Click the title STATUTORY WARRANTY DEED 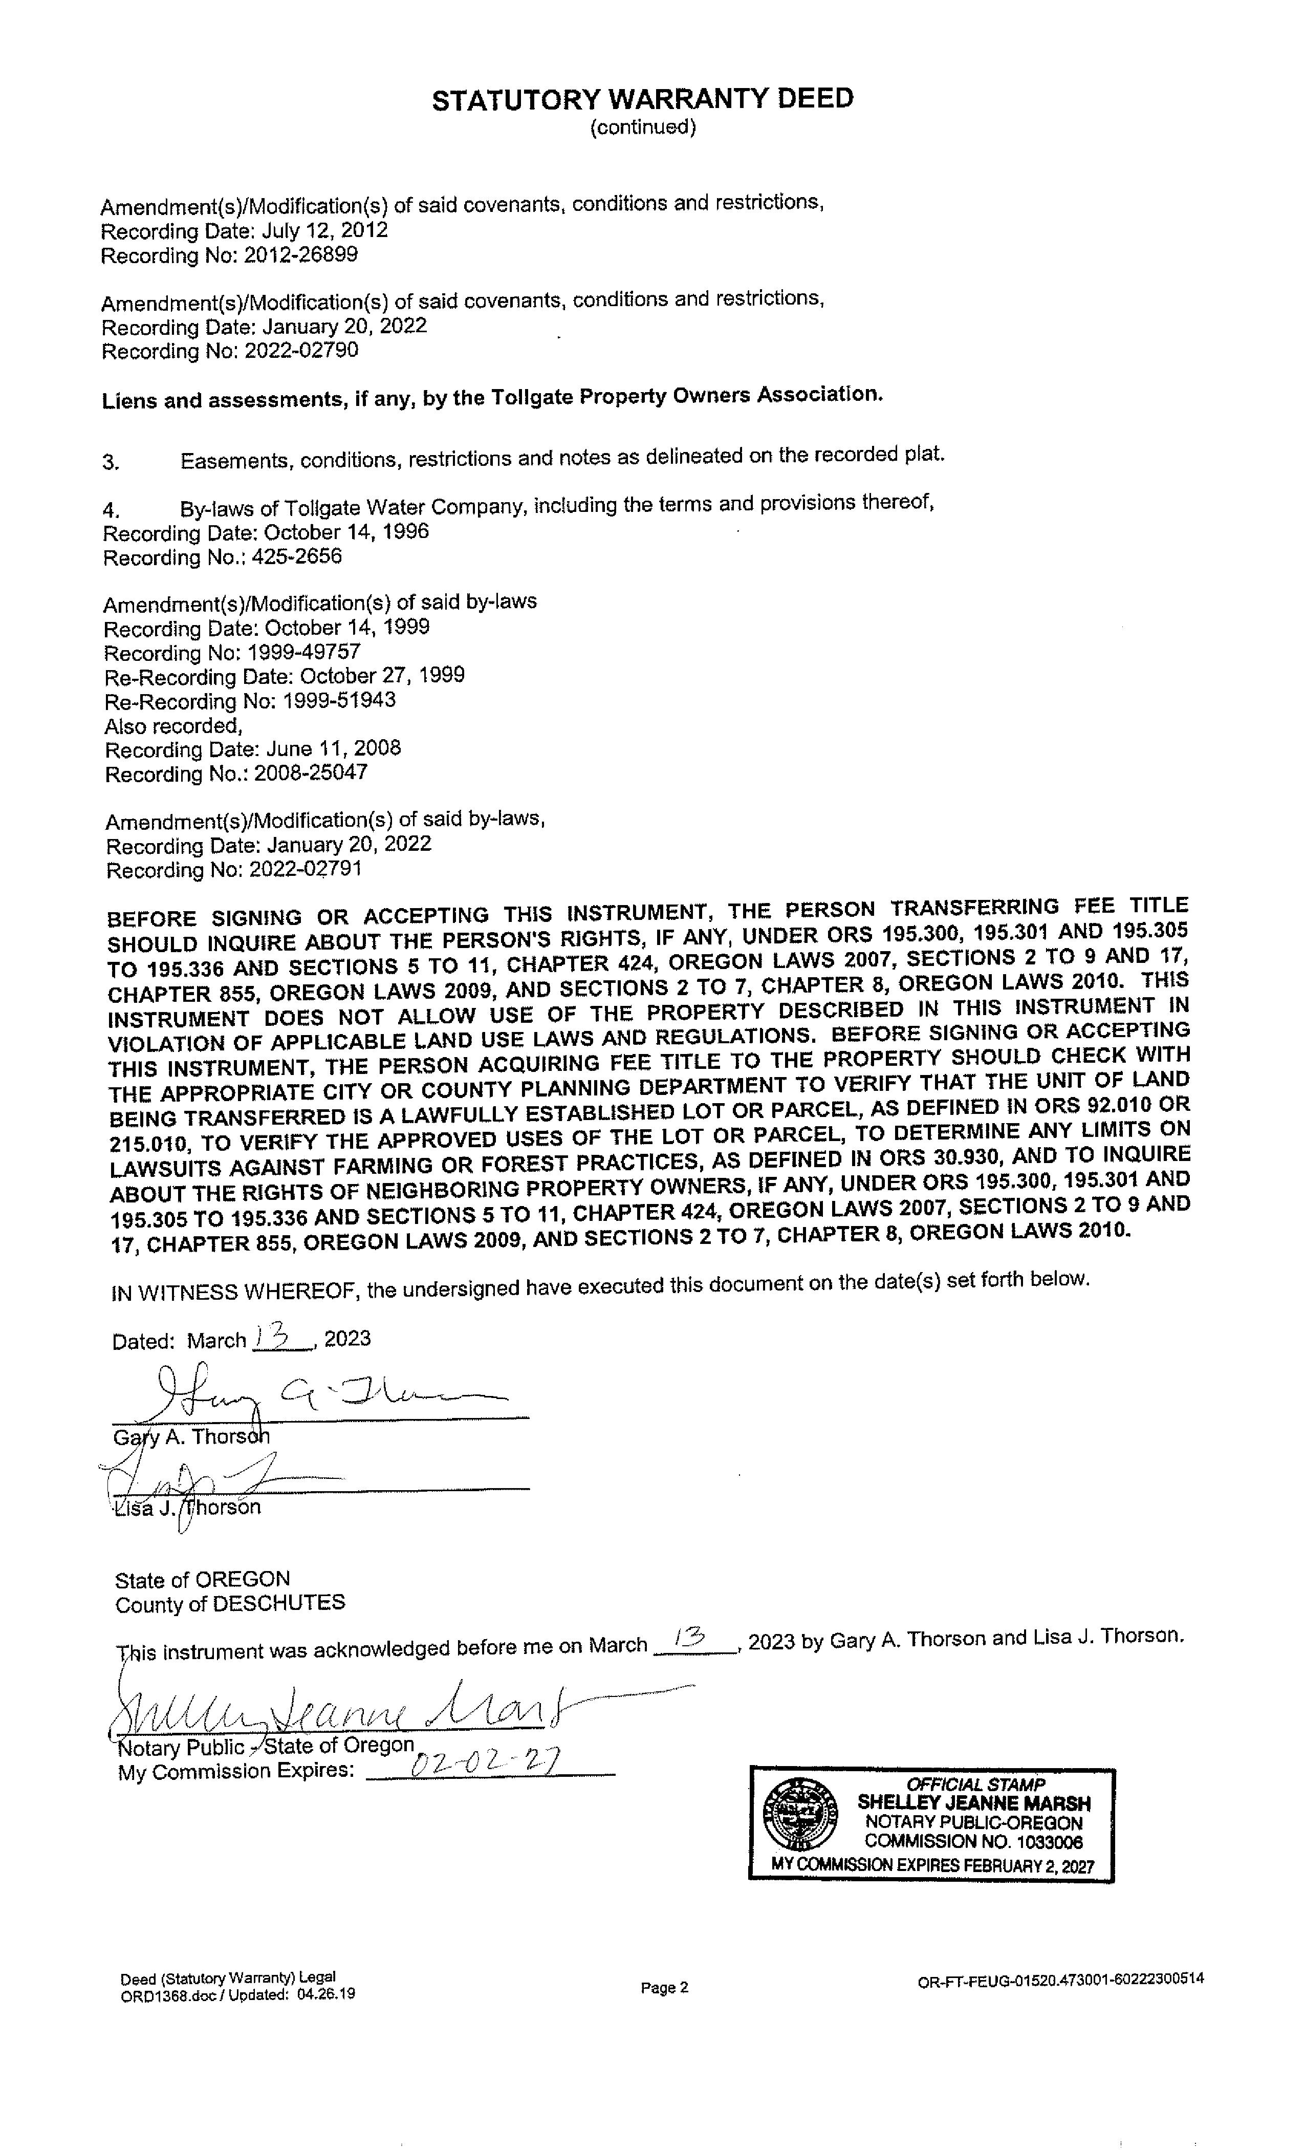pos(643,99)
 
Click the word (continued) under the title pos(643,127)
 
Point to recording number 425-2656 pos(297,557)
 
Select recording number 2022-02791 pos(306,869)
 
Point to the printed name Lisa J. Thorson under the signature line pos(187,1508)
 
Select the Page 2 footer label pos(665,1988)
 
